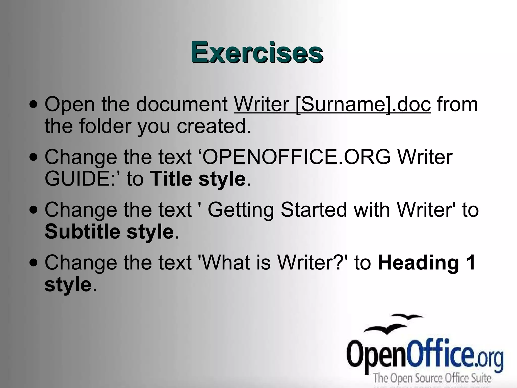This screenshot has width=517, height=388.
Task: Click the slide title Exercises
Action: pos(257,52)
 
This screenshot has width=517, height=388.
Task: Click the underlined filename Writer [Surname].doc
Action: pos(332,104)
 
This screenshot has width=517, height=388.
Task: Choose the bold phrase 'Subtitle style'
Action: pos(109,232)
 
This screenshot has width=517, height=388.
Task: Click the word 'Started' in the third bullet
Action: pos(314,210)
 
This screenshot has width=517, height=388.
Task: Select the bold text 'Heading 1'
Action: pos(426,263)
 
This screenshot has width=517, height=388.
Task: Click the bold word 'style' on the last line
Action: pos(68,285)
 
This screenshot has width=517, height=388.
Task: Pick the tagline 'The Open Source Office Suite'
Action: pos(432,378)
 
